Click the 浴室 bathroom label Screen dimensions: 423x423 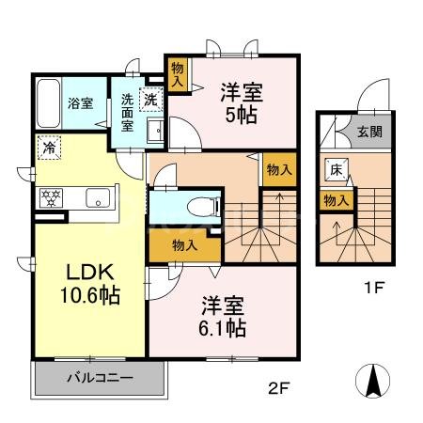(79, 103)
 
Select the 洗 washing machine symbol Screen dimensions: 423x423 (149, 97)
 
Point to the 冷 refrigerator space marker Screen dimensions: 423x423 (47, 147)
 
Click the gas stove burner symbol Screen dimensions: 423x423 (48, 198)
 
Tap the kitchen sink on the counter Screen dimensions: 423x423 (99, 197)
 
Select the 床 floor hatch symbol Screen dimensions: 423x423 (336, 170)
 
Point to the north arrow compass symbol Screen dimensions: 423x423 (374, 382)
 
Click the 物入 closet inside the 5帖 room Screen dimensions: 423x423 (178, 74)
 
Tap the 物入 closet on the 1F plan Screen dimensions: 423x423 (336, 199)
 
